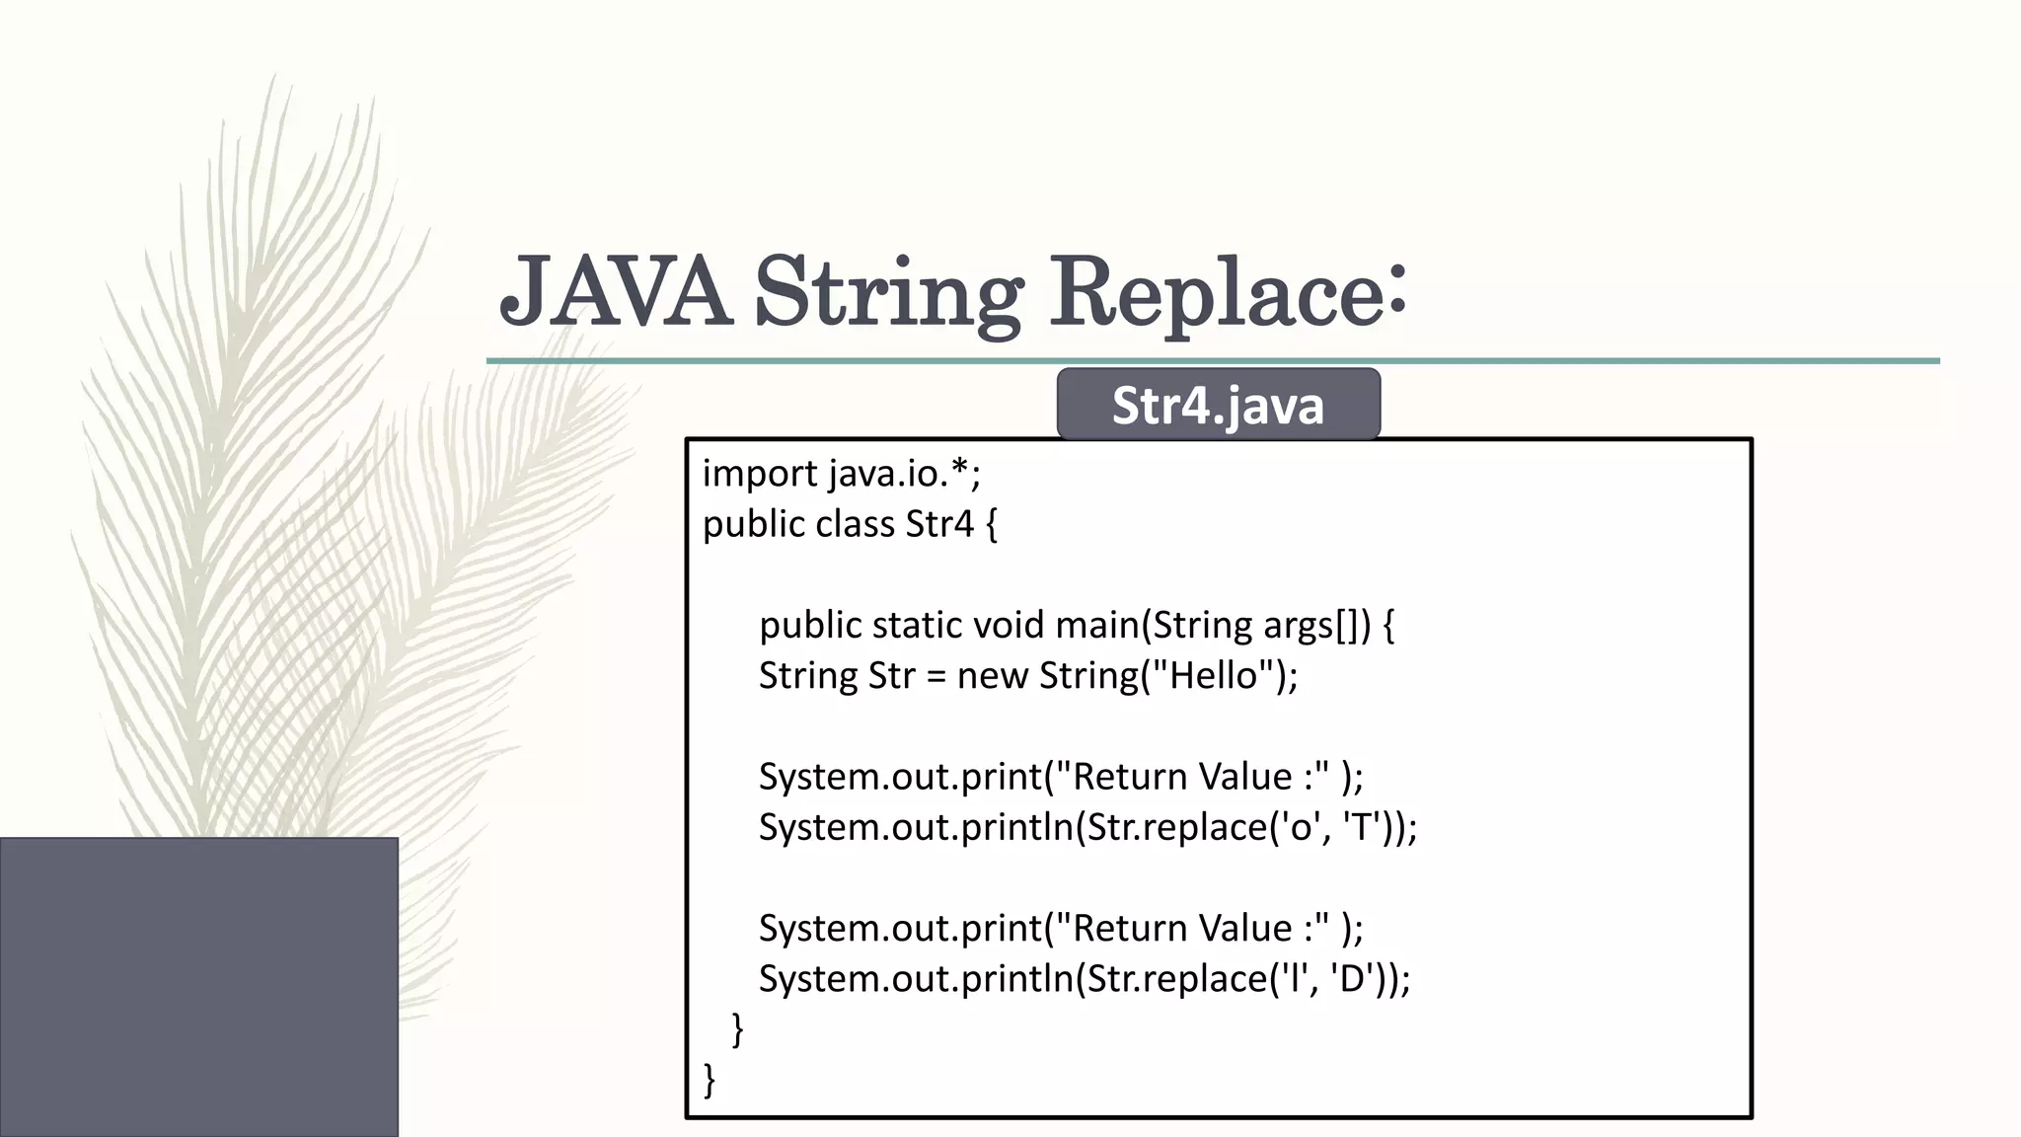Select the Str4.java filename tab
[x=1218, y=405]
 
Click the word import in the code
[x=760, y=475]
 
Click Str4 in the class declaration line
[x=939, y=524]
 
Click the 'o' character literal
[x=1298, y=827]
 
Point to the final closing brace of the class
[x=709, y=1080]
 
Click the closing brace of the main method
[x=737, y=1029]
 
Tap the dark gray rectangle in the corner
[x=198, y=987]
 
